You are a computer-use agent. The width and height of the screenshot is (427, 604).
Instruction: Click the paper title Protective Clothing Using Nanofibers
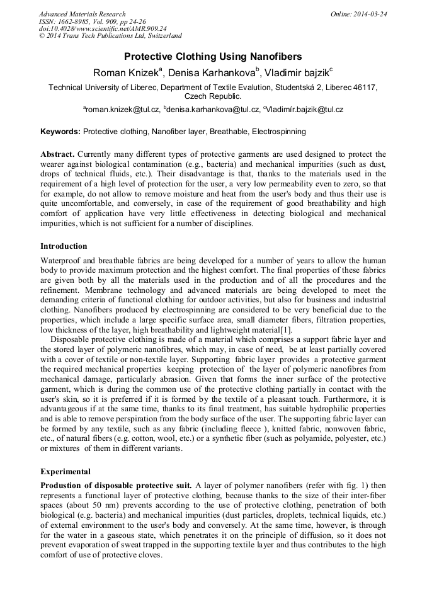click(213, 56)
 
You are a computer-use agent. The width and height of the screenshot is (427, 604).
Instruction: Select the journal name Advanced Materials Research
click(82, 14)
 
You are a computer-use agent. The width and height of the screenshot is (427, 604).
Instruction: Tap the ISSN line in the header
click(92, 21)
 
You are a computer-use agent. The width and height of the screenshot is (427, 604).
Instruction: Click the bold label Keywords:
click(60, 132)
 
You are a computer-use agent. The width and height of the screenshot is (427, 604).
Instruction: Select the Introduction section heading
click(64, 246)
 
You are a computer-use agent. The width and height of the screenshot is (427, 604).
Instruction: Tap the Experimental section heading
click(65, 471)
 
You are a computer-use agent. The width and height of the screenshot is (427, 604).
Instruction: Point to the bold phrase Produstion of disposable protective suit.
click(116, 485)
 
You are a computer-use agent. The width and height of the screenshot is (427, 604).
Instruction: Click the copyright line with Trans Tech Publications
click(110, 37)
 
